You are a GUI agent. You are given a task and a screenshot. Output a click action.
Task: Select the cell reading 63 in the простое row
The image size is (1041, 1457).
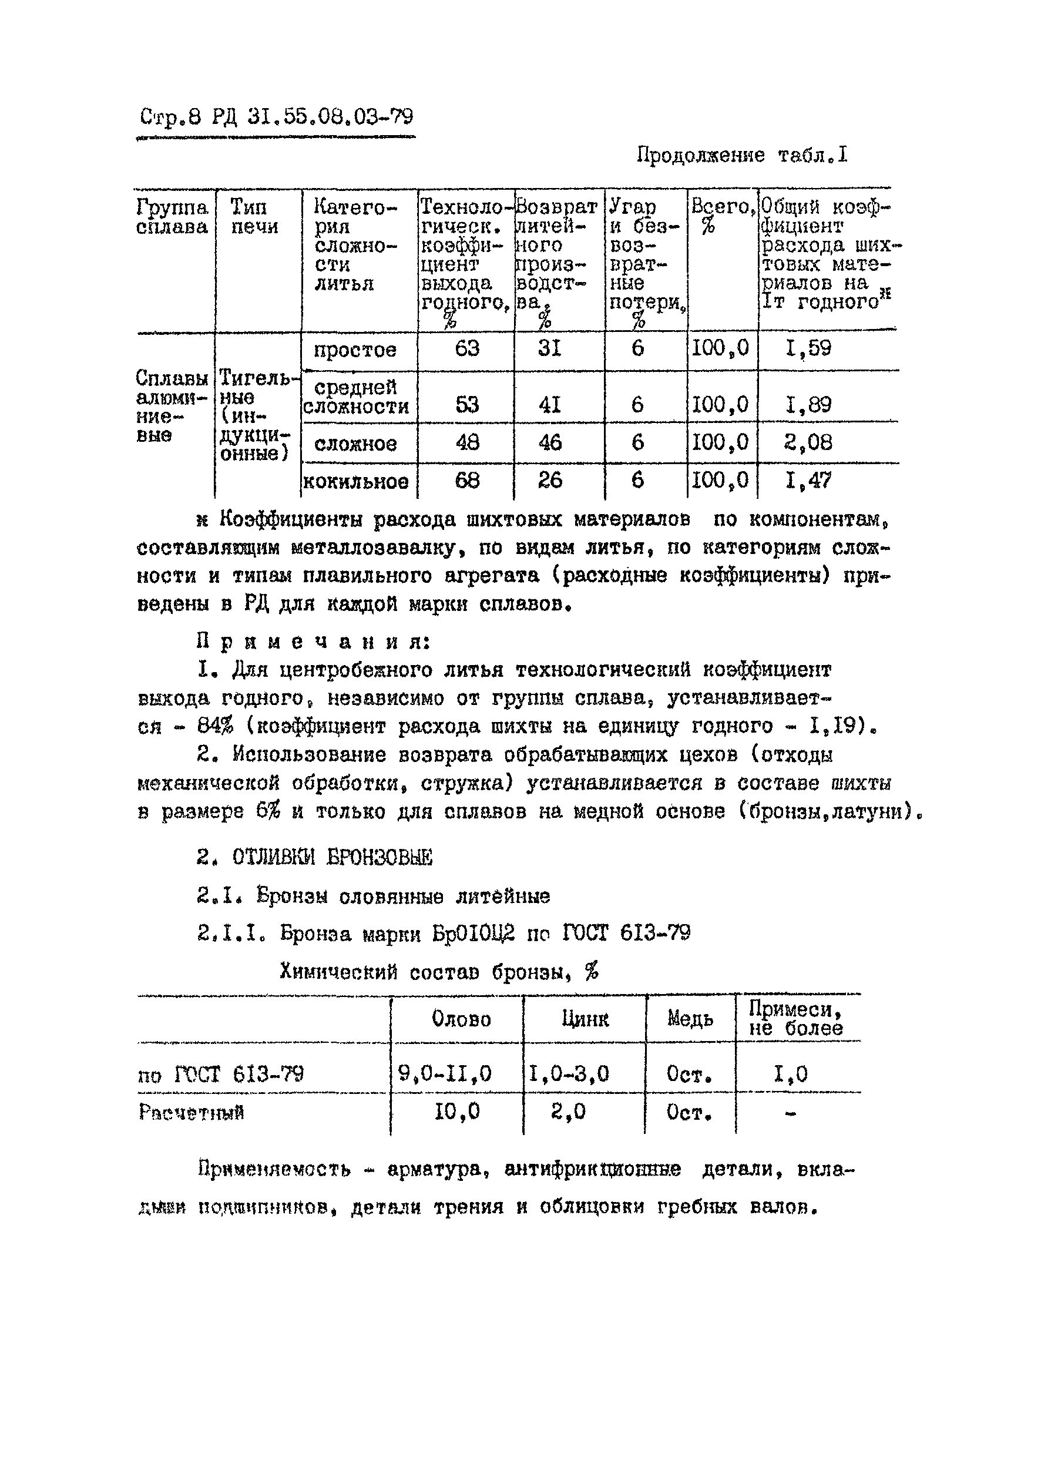tap(466, 349)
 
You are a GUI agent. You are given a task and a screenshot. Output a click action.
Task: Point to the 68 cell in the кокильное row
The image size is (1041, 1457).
tap(466, 481)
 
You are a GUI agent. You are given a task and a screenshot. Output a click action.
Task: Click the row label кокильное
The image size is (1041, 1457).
tap(356, 481)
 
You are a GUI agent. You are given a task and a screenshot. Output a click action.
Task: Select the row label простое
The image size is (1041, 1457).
tap(355, 350)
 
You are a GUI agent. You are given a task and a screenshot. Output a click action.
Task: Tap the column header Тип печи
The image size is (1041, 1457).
tap(254, 216)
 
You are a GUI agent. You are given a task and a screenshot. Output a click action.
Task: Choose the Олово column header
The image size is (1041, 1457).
tap(461, 1019)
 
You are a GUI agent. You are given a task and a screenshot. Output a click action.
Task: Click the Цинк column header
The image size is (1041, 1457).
tap(585, 1019)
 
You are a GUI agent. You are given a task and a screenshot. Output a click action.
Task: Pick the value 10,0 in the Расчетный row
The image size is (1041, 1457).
tap(457, 1112)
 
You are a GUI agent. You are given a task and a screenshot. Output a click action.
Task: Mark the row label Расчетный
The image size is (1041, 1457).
tap(191, 1112)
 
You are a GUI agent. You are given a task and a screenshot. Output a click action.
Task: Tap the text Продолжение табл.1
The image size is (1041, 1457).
tap(741, 155)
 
